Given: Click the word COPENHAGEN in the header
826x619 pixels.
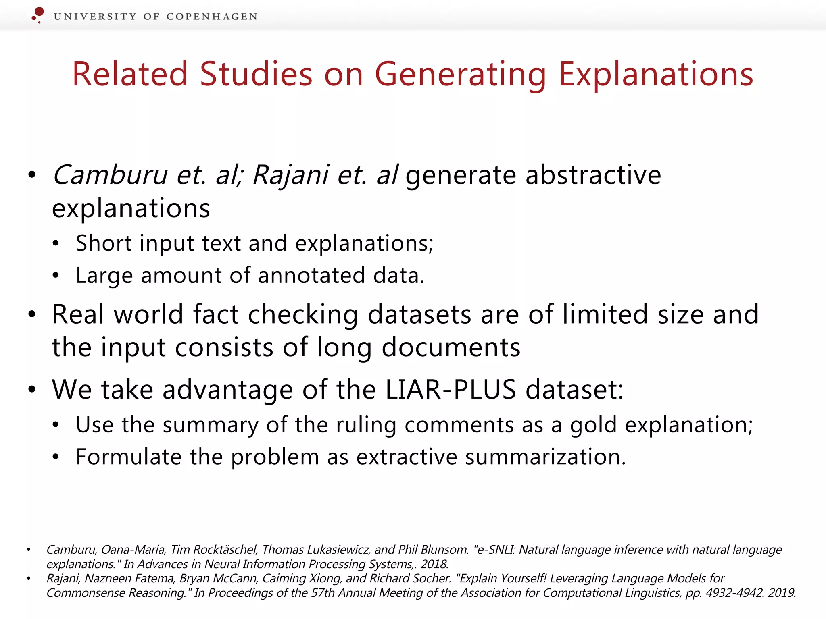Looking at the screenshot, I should point(212,17).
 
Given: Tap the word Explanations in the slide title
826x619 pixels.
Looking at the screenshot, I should point(656,75).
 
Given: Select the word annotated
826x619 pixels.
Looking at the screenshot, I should point(311,276).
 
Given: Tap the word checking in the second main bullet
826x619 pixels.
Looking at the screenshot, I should point(302,314).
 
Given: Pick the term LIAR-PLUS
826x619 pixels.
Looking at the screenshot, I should point(451,390).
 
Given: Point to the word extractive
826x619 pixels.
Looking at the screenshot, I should point(407,457).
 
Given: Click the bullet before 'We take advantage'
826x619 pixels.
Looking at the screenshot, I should point(32,390).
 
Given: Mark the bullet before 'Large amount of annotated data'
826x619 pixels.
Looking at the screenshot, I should point(56,276).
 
